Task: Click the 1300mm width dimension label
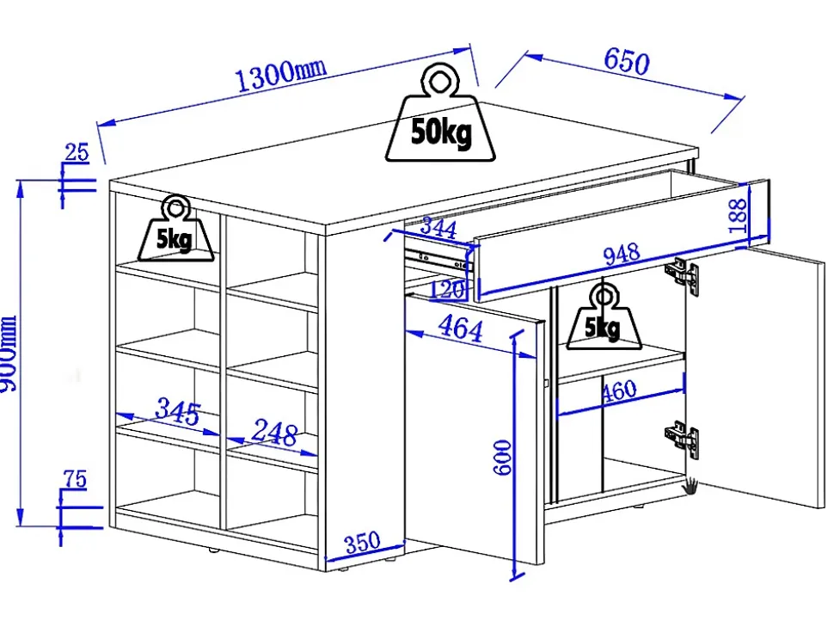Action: click(280, 75)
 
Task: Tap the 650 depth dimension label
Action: click(627, 61)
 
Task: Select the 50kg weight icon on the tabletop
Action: click(440, 114)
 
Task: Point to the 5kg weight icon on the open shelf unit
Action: click(175, 229)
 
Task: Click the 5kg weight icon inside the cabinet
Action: click(603, 317)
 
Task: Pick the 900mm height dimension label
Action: click(8, 354)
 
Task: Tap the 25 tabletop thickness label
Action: click(76, 152)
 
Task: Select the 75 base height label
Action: click(74, 479)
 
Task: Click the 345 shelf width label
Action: click(178, 410)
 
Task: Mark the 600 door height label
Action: click(502, 457)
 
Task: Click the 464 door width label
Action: click(461, 329)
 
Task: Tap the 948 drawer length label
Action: click(622, 254)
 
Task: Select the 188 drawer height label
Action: click(738, 216)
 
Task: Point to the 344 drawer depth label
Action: click(438, 227)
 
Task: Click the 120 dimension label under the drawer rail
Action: click(447, 290)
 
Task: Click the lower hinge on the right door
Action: click(681, 438)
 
